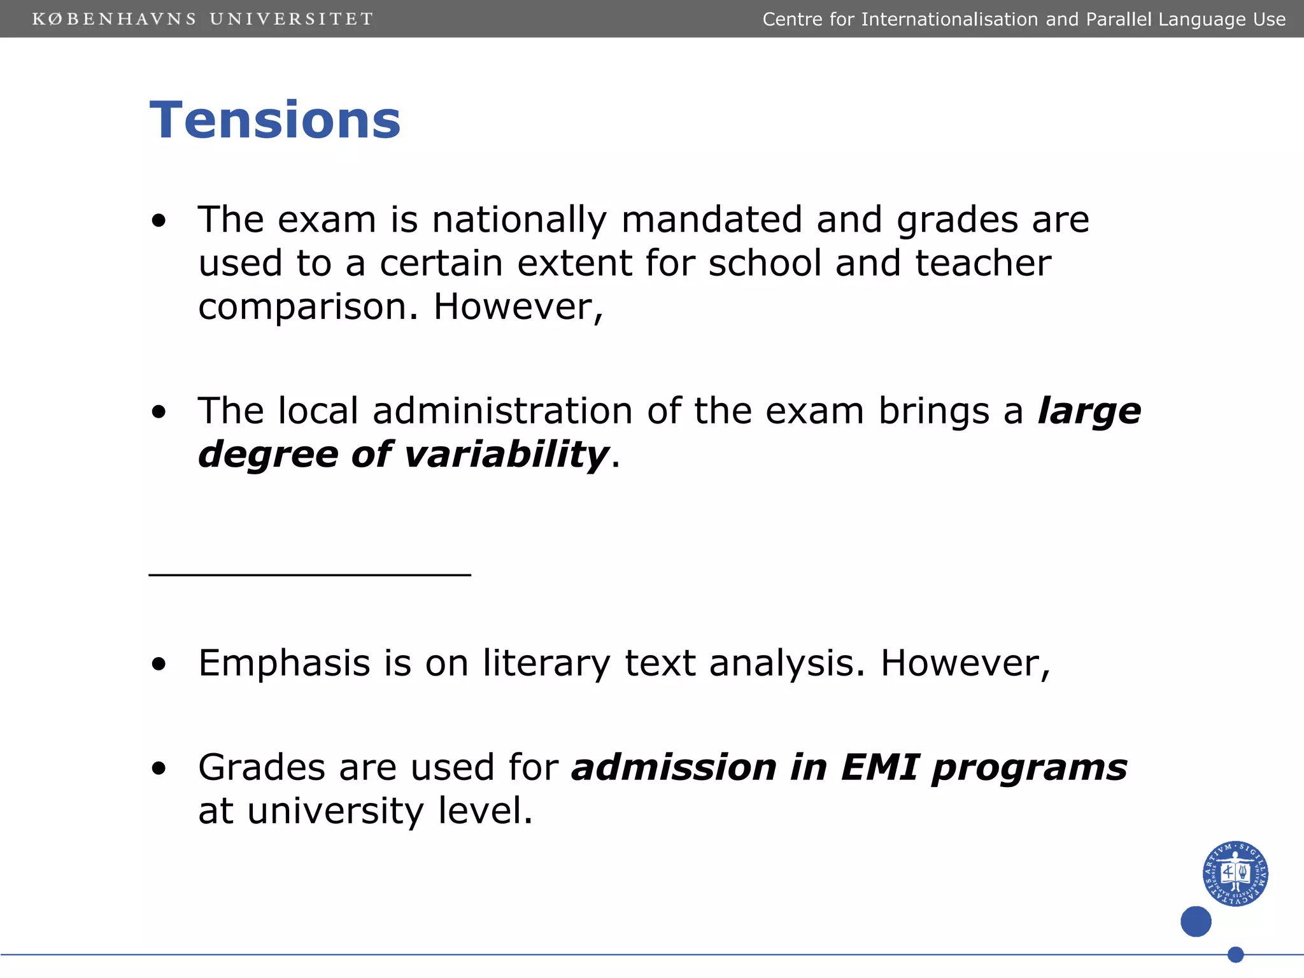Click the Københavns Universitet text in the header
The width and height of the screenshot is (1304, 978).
pos(202,19)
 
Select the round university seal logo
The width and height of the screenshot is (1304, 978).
pos(1235,874)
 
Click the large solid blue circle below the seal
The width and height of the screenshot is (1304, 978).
pos(1196,921)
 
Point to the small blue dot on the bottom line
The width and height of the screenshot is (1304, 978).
pos(1235,954)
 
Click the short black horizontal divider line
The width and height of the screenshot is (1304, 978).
pos(309,575)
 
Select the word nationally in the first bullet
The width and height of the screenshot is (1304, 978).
pos(520,220)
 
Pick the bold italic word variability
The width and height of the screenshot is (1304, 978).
pos(507,455)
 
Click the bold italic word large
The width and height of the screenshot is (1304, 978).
pos(1089,411)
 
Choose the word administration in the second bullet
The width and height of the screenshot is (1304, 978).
pos(502,411)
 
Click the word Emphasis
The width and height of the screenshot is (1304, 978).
pos(284,663)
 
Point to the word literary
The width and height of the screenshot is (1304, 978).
pos(546,663)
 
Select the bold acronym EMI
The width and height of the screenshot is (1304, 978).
pos(880,767)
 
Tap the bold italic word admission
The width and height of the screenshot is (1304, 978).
pos(674,767)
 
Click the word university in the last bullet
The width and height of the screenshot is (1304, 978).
pos(335,811)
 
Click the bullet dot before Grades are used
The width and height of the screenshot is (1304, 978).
pos(159,769)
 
